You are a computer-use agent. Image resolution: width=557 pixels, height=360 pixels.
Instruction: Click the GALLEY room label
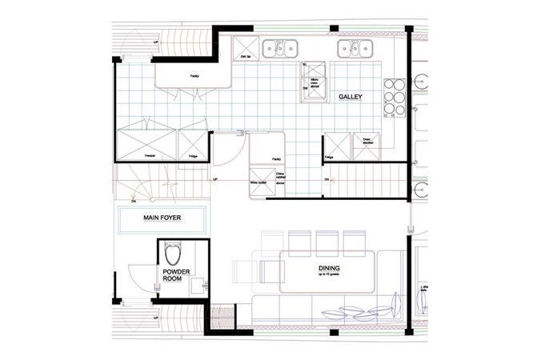(x=350, y=97)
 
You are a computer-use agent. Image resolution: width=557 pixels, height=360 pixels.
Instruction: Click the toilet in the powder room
(x=172, y=254)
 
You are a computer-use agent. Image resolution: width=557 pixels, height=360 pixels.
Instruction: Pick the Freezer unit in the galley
(x=149, y=143)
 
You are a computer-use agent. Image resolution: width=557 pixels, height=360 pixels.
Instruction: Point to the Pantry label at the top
(x=194, y=76)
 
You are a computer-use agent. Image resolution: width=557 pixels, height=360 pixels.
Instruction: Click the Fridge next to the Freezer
(x=193, y=144)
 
